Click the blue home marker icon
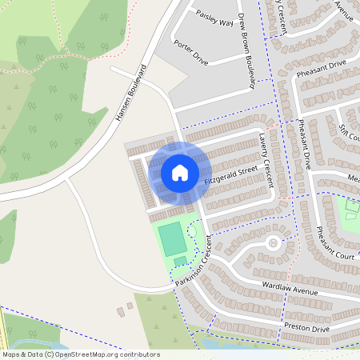[180, 172]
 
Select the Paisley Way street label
[214, 18]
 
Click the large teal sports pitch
[171, 239]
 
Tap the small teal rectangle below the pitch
[180, 261]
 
